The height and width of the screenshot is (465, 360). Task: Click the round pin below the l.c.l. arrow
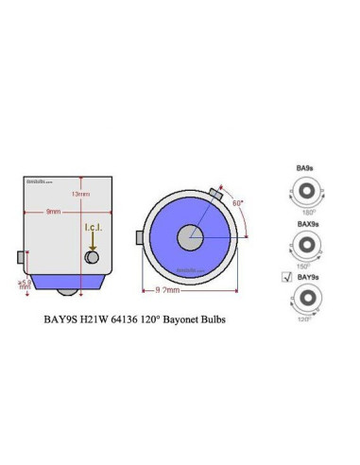92,257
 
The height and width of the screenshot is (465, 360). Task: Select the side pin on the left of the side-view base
20,257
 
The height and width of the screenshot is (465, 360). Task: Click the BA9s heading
303,165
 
